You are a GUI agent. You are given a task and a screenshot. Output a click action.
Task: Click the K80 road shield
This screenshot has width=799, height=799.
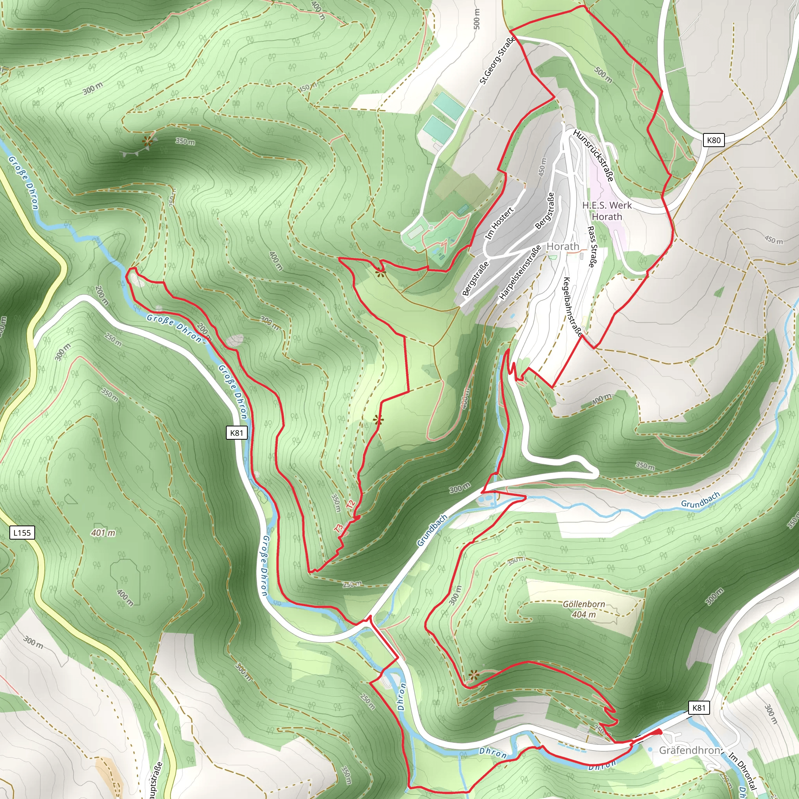pos(714,140)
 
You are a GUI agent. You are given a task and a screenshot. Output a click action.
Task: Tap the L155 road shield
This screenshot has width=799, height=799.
pos(22,533)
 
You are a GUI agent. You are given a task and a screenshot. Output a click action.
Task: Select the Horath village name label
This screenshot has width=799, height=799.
pos(563,247)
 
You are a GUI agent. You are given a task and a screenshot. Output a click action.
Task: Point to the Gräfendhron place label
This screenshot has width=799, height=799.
pos(689,750)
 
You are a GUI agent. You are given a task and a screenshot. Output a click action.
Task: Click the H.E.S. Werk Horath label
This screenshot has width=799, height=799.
pos(607,211)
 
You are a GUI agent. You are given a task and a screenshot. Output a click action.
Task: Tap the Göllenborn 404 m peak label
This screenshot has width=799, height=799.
pos(584,609)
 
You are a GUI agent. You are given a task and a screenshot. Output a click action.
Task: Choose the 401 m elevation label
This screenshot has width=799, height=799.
pos(103,533)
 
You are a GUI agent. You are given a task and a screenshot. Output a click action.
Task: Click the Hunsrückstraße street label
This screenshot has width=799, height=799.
pos(593,155)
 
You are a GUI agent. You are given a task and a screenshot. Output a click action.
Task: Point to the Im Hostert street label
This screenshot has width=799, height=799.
pos(499,224)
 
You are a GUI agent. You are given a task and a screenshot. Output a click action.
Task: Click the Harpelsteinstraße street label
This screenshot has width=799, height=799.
pos(520,273)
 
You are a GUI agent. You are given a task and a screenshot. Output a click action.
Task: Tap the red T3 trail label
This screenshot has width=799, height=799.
pos(339,528)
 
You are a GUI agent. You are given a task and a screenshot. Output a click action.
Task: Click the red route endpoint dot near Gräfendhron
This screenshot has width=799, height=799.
pos(660,732)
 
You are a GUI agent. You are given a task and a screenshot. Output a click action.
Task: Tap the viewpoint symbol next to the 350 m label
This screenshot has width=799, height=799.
pos(147,141)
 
